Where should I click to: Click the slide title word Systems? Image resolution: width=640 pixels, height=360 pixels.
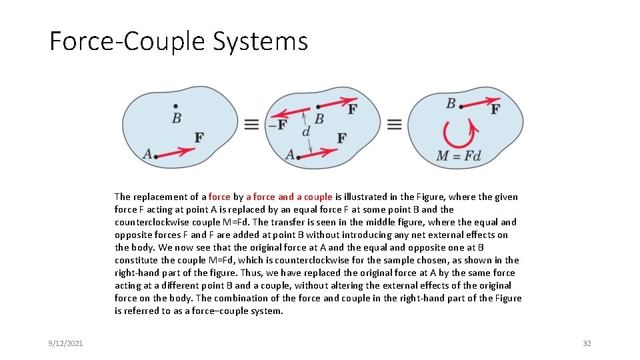tap(261, 41)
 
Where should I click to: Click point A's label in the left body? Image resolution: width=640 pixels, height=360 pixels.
tap(147, 155)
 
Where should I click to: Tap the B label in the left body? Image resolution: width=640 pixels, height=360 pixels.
tap(176, 118)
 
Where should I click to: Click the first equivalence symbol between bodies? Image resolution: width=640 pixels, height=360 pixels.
tap(251, 125)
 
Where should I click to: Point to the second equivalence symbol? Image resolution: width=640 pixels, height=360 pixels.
tap(394, 125)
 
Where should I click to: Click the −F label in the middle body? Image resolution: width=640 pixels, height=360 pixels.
tap(277, 125)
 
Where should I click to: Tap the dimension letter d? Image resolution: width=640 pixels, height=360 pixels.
tap(306, 131)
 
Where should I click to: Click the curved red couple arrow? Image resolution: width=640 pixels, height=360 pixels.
tap(458, 133)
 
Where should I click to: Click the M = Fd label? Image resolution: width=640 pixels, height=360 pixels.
tap(458, 157)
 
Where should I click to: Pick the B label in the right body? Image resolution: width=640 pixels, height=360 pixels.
tap(451, 103)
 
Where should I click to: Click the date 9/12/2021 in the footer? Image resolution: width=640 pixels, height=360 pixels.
tap(65, 343)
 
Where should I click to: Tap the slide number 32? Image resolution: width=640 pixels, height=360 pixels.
tap(587, 343)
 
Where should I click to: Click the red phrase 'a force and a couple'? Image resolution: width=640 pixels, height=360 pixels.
tap(289, 197)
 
